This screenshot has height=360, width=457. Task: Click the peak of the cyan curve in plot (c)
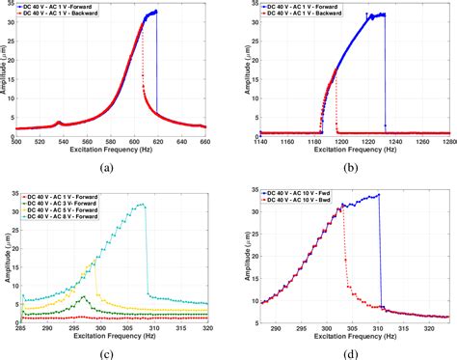pyautogui.click(x=143, y=204)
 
